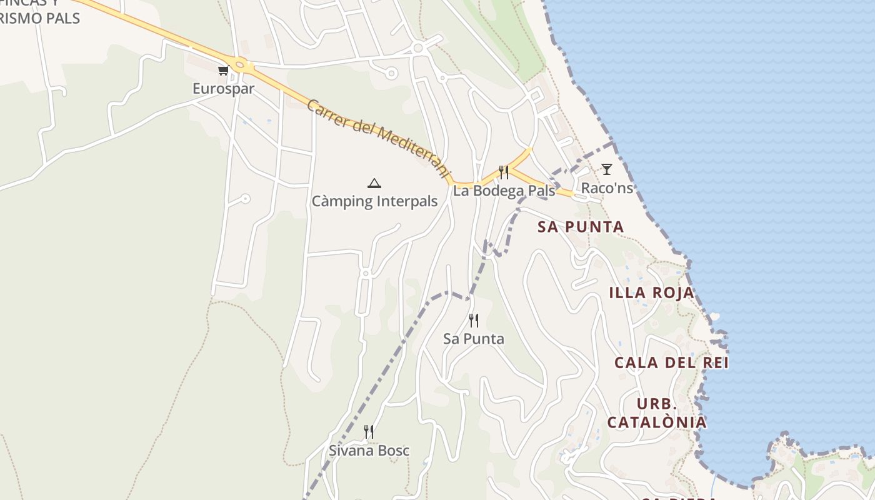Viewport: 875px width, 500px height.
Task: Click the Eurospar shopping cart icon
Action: (223, 71)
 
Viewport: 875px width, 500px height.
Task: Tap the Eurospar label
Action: (223, 89)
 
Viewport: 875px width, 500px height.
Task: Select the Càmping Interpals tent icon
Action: (374, 183)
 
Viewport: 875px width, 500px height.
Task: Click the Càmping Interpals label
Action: (374, 201)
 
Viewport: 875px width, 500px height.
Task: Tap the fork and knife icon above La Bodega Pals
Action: (503, 172)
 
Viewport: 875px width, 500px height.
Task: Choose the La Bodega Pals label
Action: (504, 191)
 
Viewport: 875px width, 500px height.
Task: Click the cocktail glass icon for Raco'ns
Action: (606, 169)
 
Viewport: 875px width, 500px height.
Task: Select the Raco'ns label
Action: (607, 187)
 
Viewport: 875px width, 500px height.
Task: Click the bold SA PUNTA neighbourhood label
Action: (581, 227)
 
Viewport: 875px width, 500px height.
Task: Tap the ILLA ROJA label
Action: (651, 292)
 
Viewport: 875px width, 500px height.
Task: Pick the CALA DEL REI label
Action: (671, 362)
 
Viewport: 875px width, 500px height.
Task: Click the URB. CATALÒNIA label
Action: (657, 413)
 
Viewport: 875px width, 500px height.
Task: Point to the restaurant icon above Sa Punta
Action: (474, 321)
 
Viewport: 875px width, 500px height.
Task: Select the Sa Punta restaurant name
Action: (473, 339)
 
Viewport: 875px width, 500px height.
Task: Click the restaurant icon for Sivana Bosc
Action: (369, 432)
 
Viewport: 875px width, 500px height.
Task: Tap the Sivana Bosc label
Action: (369, 450)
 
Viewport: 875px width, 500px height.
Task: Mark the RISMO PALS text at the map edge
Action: (40, 18)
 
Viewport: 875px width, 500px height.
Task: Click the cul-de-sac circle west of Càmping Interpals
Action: (245, 199)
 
